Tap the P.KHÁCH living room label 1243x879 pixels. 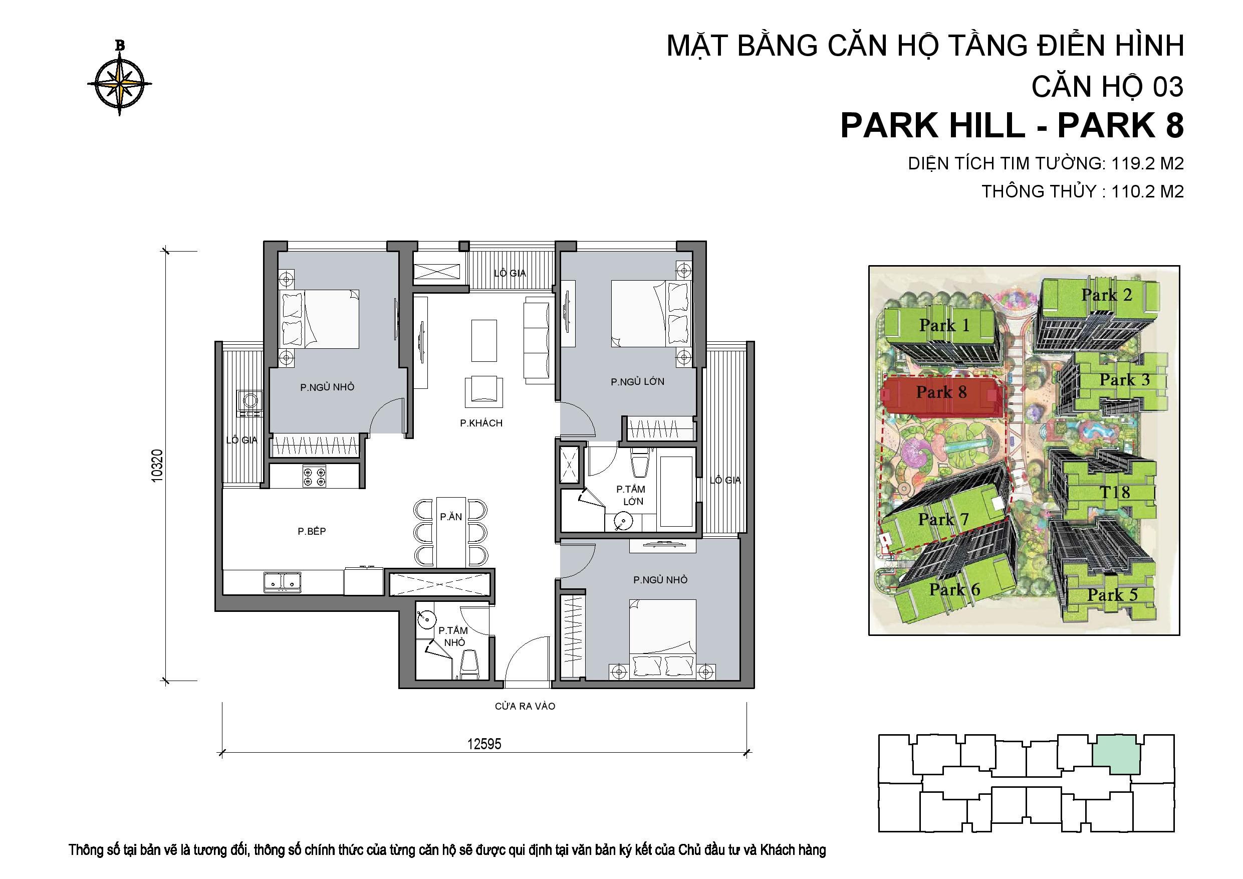click(x=481, y=423)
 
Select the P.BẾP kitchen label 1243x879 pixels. click(x=312, y=531)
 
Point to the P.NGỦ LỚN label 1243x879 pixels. click(x=637, y=382)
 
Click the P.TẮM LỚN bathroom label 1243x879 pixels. click(x=631, y=495)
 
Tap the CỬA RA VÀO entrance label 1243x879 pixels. click(x=525, y=706)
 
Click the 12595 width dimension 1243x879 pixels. click(x=484, y=744)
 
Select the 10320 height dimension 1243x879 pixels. click(x=157, y=466)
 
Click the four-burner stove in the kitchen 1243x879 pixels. click(x=315, y=476)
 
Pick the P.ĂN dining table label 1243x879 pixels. click(x=450, y=517)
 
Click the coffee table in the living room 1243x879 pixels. click(x=483, y=340)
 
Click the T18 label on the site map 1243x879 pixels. click(x=1114, y=492)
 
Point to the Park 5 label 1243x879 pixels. click(x=1112, y=595)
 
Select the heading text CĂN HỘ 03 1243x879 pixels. click(x=1107, y=87)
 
